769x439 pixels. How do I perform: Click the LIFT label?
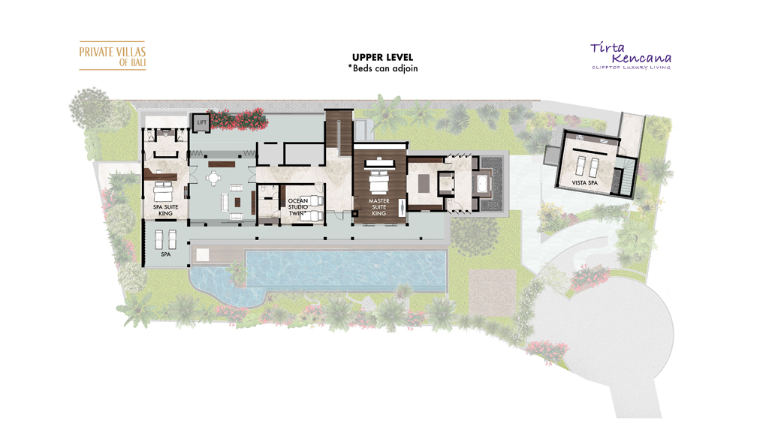[201, 122]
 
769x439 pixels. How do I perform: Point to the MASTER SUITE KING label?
[378, 207]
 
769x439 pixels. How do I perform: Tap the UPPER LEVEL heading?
[382, 57]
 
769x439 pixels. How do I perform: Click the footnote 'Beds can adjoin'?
[382, 68]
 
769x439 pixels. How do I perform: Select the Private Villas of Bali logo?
[112, 56]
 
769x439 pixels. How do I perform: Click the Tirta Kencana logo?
[630, 56]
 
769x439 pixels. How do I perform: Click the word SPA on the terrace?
[166, 254]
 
